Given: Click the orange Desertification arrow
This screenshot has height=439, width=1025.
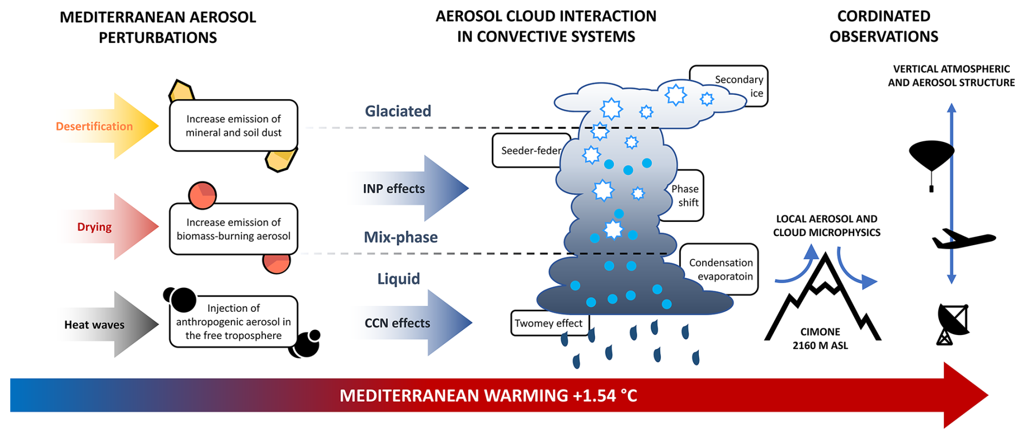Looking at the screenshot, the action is (x=108, y=126).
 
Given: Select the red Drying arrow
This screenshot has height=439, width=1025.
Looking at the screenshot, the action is (x=108, y=226).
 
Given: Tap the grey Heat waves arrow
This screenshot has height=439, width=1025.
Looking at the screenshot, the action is (x=108, y=324).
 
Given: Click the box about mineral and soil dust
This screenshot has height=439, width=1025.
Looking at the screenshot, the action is (x=233, y=126).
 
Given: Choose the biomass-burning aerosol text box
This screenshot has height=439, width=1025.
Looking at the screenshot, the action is (x=233, y=229).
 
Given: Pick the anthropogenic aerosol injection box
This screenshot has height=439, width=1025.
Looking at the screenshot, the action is (x=233, y=322).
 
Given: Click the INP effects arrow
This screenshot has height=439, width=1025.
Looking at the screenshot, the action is (x=409, y=188).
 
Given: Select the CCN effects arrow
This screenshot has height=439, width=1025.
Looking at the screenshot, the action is (x=412, y=323).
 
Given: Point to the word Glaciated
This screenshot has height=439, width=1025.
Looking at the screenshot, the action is (x=398, y=111).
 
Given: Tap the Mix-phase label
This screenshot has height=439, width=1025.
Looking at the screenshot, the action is (x=401, y=237).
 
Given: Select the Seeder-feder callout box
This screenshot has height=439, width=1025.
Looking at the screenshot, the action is (x=531, y=150).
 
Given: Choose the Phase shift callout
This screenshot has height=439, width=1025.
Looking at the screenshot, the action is (x=686, y=195).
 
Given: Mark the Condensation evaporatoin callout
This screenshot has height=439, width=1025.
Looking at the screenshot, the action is (x=719, y=269).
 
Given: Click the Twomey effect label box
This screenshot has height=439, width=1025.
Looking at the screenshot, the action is (x=549, y=323).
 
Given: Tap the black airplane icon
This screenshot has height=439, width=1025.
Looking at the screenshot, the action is (x=964, y=239).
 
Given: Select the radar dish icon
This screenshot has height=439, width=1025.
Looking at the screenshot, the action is (x=953, y=324).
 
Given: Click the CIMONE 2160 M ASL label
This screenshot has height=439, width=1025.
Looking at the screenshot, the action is (x=820, y=339).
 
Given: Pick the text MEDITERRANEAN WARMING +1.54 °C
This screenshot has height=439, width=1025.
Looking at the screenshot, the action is (x=488, y=396).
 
